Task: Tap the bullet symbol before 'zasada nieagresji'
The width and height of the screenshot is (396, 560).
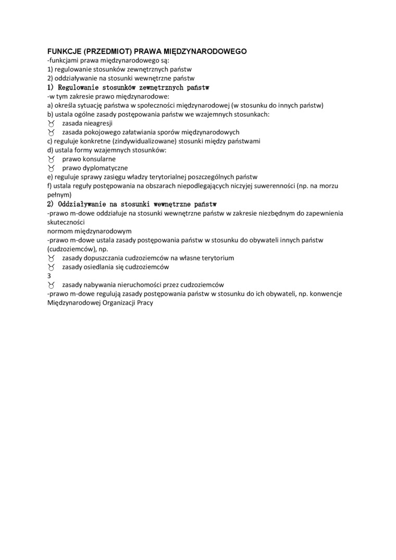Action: (51, 123)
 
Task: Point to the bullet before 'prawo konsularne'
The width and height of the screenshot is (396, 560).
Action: (51, 159)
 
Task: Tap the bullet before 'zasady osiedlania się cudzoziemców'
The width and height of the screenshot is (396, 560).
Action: (51, 267)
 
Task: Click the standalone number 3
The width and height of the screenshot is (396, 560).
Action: (49, 276)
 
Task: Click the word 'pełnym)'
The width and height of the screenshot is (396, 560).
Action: (59, 194)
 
